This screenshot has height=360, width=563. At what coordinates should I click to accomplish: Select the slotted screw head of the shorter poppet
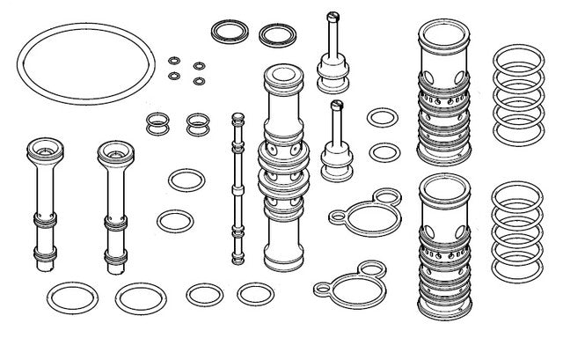[335, 107]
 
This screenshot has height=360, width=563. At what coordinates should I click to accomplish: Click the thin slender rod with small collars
[236, 185]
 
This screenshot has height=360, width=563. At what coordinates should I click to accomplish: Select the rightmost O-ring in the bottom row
[254, 294]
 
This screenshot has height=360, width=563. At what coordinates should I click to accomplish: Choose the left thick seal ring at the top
[229, 33]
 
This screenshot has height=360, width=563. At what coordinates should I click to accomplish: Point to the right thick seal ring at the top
[277, 35]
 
